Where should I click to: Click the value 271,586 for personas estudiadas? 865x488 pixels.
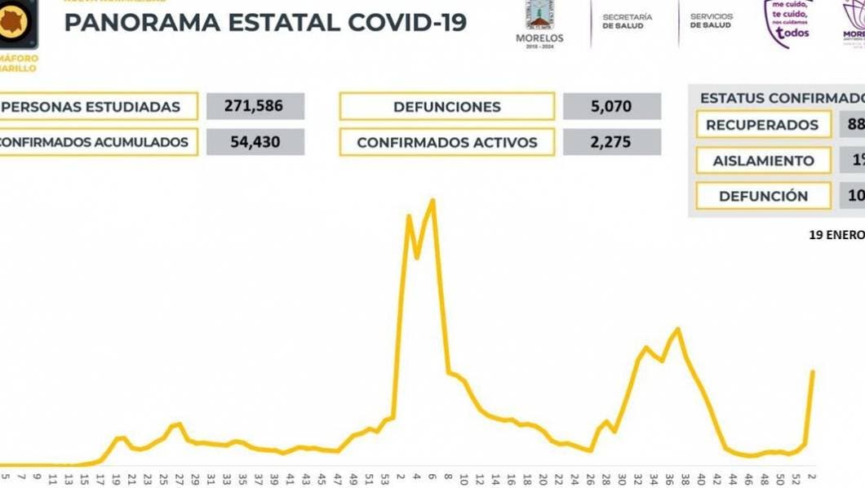[x=255, y=107]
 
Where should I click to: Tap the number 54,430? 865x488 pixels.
[x=255, y=142]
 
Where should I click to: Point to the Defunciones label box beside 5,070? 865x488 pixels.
[x=446, y=107]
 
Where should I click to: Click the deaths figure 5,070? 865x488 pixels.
[x=612, y=107]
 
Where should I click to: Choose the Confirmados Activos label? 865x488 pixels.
[x=446, y=143]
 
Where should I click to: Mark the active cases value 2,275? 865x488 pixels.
[x=612, y=143]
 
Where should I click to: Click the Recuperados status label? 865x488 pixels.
[x=761, y=125]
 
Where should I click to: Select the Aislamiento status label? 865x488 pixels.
[x=763, y=161]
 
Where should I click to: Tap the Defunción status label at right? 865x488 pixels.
[x=763, y=196]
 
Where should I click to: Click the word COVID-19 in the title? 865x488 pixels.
[x=407, y=23]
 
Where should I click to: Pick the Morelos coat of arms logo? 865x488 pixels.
[x=539, y=16]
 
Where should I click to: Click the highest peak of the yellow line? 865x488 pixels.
[x=432, y=200]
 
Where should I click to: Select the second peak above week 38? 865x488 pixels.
[x=677, y=329]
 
